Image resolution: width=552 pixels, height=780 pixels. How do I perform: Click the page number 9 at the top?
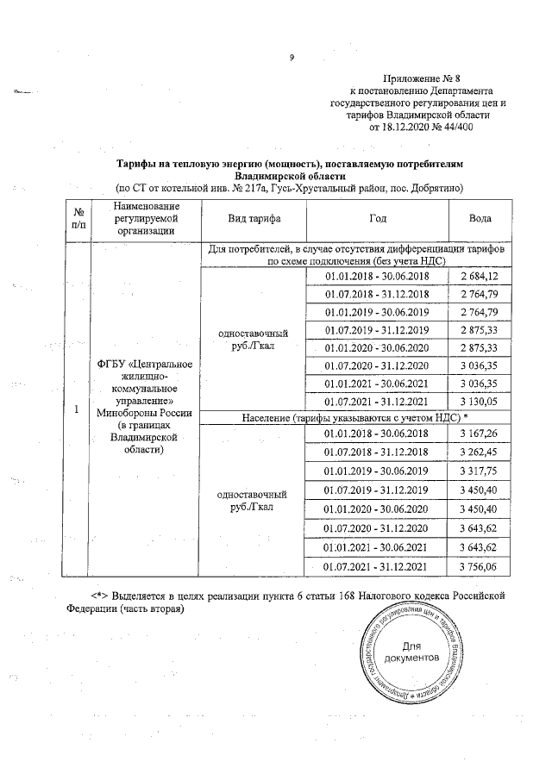291,59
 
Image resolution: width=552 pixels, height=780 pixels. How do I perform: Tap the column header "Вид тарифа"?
254,219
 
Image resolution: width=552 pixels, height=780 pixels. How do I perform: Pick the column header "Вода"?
480,219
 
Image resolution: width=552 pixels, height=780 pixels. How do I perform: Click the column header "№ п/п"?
78,219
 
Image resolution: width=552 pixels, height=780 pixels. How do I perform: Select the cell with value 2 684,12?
480,276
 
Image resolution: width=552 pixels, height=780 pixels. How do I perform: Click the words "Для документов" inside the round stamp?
415,652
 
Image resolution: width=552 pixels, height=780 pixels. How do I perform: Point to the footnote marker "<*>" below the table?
103,596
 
